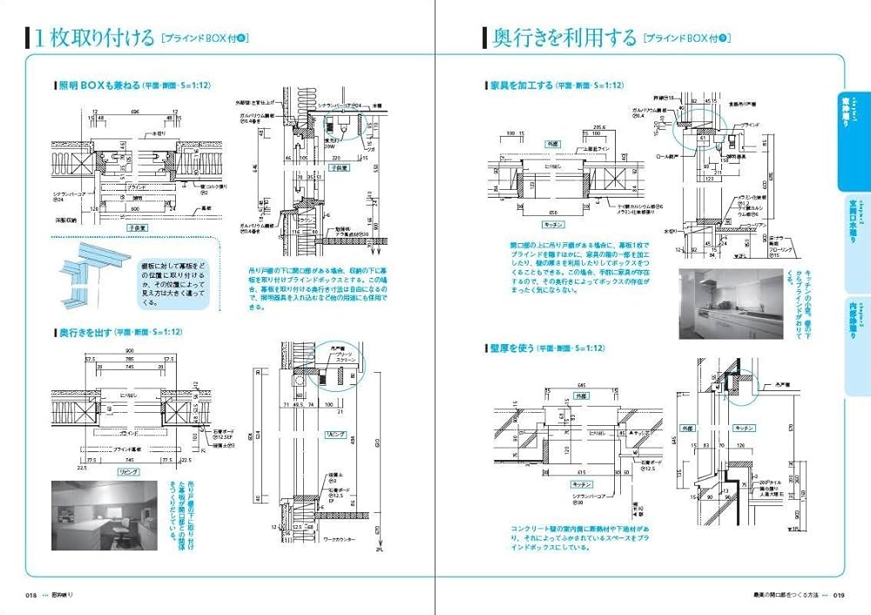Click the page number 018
pos(30,595)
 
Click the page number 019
pos(838,595)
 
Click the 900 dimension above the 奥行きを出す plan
pos(127,350)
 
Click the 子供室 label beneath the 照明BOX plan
pos(136,225)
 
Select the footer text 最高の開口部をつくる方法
pos(780,595)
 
